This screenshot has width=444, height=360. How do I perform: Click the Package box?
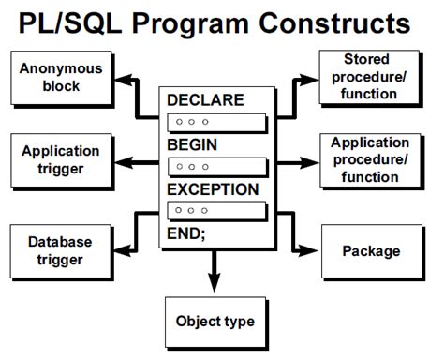point(371,250)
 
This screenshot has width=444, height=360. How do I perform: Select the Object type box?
point(215,322)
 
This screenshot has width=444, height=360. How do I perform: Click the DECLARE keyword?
point(205,99)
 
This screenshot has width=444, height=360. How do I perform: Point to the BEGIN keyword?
point(193,144)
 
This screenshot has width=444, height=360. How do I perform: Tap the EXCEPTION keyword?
point(213,189)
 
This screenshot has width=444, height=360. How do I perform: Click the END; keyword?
point(185,232)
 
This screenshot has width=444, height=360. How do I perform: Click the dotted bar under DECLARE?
point(214,122)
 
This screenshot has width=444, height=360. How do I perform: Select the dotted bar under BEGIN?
point(214,167)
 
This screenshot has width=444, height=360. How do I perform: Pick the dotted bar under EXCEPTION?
point(214,211)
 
